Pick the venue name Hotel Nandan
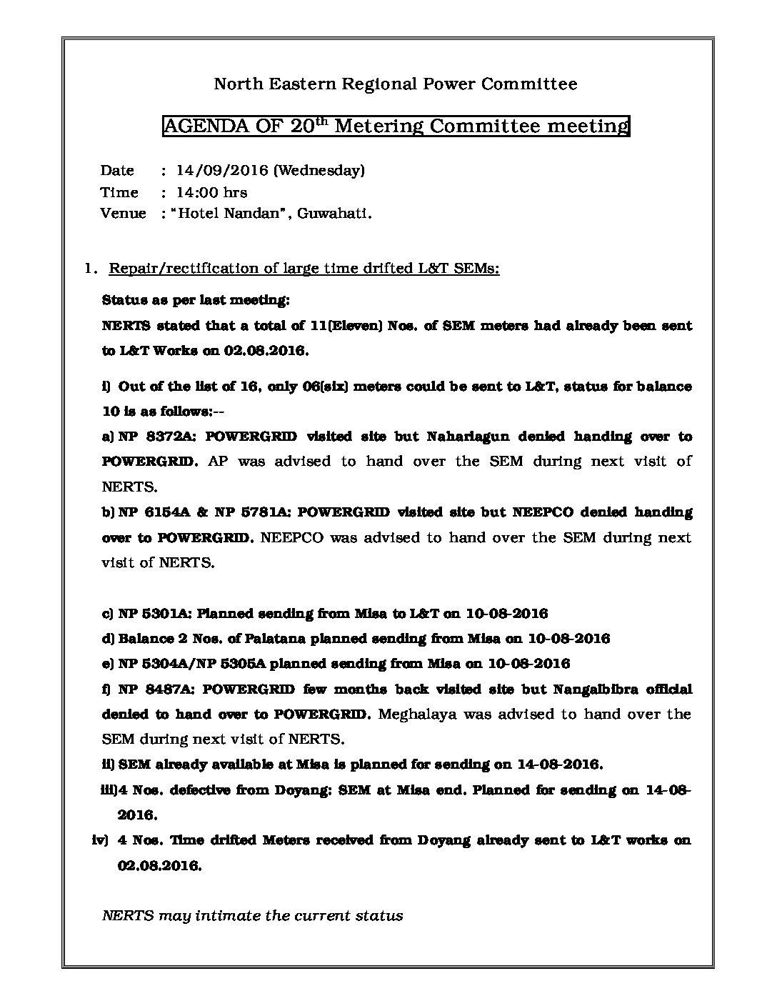tap(229, 213)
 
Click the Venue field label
tap(123, 213)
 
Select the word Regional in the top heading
tap(376, 84)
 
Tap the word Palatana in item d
tap(266, 638)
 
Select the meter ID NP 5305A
tap(227, 663)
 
